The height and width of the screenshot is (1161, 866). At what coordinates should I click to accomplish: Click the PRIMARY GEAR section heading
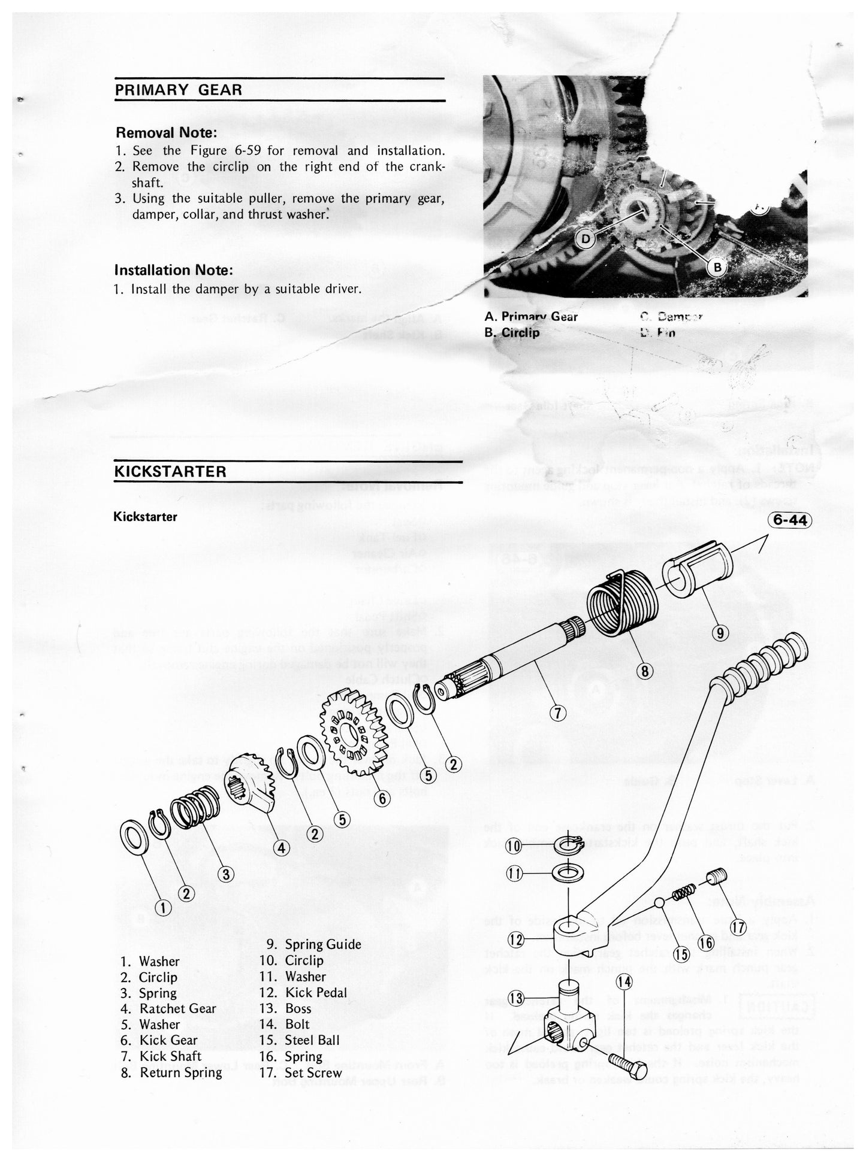coord(178,90)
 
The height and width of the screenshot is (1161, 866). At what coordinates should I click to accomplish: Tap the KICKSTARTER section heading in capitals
coord(170,471)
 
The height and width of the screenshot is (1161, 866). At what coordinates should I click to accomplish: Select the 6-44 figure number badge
coord(789,520)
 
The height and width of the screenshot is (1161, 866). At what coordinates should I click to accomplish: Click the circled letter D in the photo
coord(586,240)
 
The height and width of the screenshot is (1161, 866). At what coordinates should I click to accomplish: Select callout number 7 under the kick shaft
coord(558,713)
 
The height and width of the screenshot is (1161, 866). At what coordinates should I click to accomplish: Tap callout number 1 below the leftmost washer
coord(162,908)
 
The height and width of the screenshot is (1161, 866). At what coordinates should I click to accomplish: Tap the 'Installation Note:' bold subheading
coord(174,270)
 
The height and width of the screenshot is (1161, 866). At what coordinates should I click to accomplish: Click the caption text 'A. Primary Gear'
coord(530,317)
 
